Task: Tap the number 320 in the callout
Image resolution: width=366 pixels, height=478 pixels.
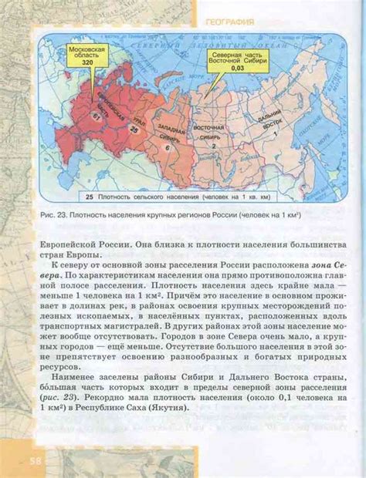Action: coord(87,65)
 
